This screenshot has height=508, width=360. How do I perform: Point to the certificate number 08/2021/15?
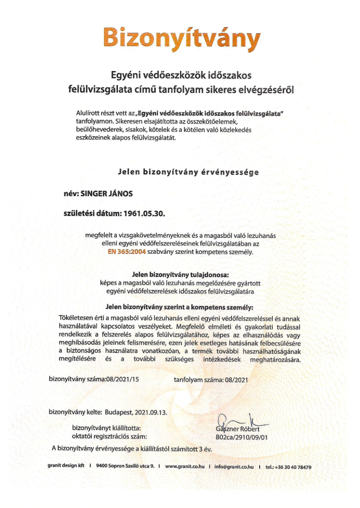(123, 379)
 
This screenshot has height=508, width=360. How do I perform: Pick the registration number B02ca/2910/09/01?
(242, 436)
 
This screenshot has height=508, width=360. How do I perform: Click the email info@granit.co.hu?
(234, 467)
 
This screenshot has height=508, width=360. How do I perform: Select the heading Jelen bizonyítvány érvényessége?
(189, 172)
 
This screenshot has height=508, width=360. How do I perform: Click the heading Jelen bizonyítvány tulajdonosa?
(180, 274)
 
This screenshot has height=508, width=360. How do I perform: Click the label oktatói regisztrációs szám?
(109, 436)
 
